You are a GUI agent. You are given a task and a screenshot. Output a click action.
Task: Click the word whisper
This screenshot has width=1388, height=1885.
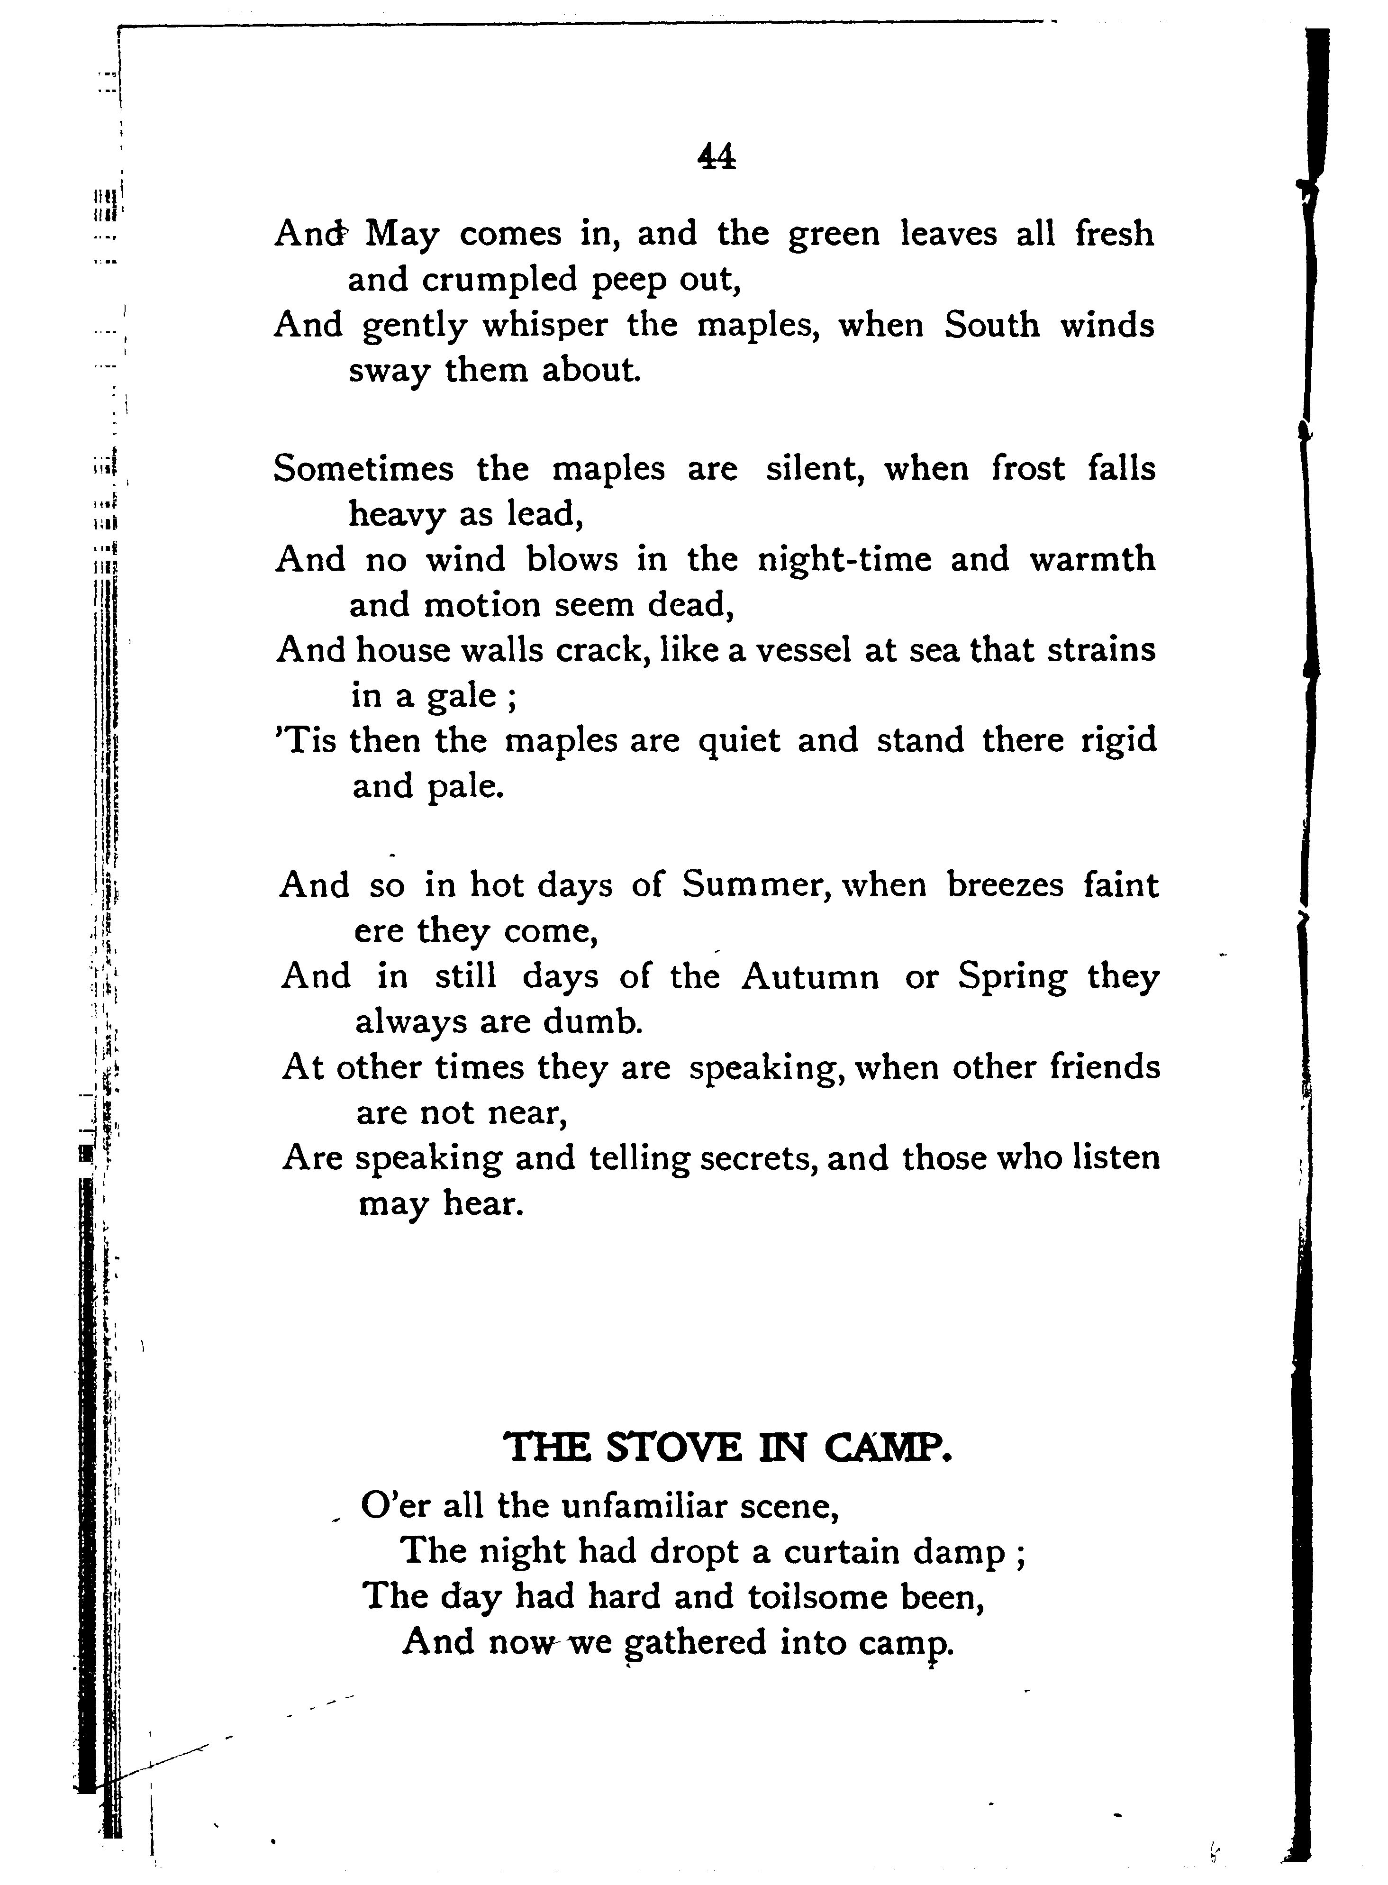pyautogui.click(x=544, y=326)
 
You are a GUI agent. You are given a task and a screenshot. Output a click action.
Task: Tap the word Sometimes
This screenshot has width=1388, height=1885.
pyautogui.click(x=363, y=468)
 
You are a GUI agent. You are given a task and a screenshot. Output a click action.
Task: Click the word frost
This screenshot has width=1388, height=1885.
pyautogui.click(x=1028, y=468)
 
